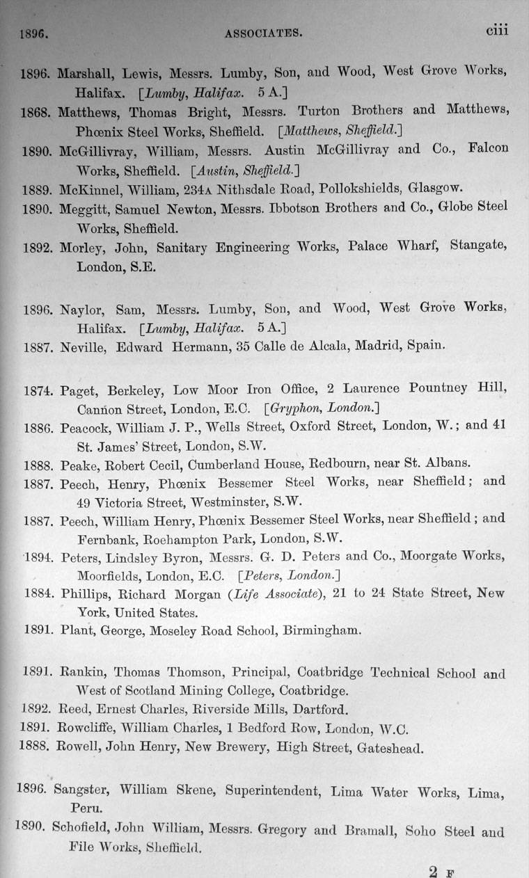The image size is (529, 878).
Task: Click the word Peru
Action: [x=85, y=808]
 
